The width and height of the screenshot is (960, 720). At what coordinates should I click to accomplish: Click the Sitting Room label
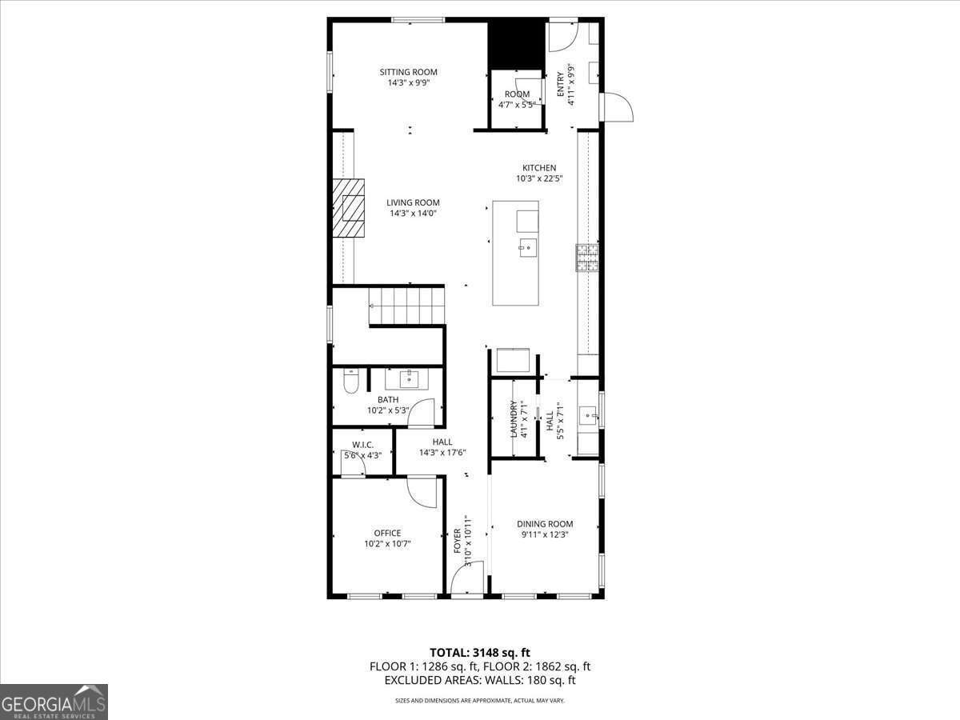tap(408, 73)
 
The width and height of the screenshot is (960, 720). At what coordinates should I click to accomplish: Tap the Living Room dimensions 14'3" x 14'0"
tap(413, 214)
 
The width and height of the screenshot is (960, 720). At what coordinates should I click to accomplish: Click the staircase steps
tap(406, 305)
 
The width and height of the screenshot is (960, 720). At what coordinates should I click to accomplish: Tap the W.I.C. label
tap(362, 445)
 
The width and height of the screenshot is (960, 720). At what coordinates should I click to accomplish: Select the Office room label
tap(387, 533)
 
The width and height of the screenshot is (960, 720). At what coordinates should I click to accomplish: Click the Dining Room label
tap(545, 524)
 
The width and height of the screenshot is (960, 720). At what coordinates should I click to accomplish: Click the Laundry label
tap(514, 418)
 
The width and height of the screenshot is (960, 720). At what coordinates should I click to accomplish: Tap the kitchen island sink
tap(526, 247)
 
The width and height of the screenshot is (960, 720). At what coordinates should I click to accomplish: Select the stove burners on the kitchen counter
tap(586, 257)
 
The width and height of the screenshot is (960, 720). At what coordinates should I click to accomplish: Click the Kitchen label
tap(539, 168)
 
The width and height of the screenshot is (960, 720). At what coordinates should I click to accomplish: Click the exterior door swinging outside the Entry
tap(618, 108)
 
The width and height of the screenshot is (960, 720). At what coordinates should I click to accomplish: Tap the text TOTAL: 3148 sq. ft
tap(480, 652)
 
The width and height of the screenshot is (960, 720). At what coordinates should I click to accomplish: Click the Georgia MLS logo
tap(54, 702)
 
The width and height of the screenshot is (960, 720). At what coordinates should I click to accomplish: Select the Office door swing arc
tap(422, 492)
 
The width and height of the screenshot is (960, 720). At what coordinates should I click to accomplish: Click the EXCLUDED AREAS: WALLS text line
tap(480, 681)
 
